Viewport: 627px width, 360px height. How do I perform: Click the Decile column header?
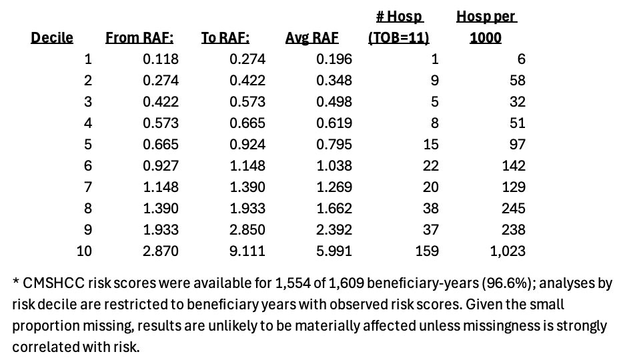[52, 38]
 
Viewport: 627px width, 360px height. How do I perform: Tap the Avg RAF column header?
[312, 38]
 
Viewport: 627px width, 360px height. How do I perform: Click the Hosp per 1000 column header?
[486, 27]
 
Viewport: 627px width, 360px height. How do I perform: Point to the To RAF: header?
[225, 38]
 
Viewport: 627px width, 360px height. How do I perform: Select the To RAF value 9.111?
[247, 251]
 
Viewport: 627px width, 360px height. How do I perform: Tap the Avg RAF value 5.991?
[334, 251]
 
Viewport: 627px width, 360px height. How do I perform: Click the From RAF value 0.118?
[161, 59]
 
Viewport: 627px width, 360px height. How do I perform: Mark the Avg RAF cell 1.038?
[334, 166]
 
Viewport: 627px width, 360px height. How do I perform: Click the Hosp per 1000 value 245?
[514, 209]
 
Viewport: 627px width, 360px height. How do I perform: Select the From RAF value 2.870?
[161, 251]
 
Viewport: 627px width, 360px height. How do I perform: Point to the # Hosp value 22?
[431, 166]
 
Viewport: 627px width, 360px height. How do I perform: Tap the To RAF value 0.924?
[247, 145]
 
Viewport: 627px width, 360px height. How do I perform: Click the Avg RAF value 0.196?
[334, 59]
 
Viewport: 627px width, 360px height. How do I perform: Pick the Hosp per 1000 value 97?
[518, 145]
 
